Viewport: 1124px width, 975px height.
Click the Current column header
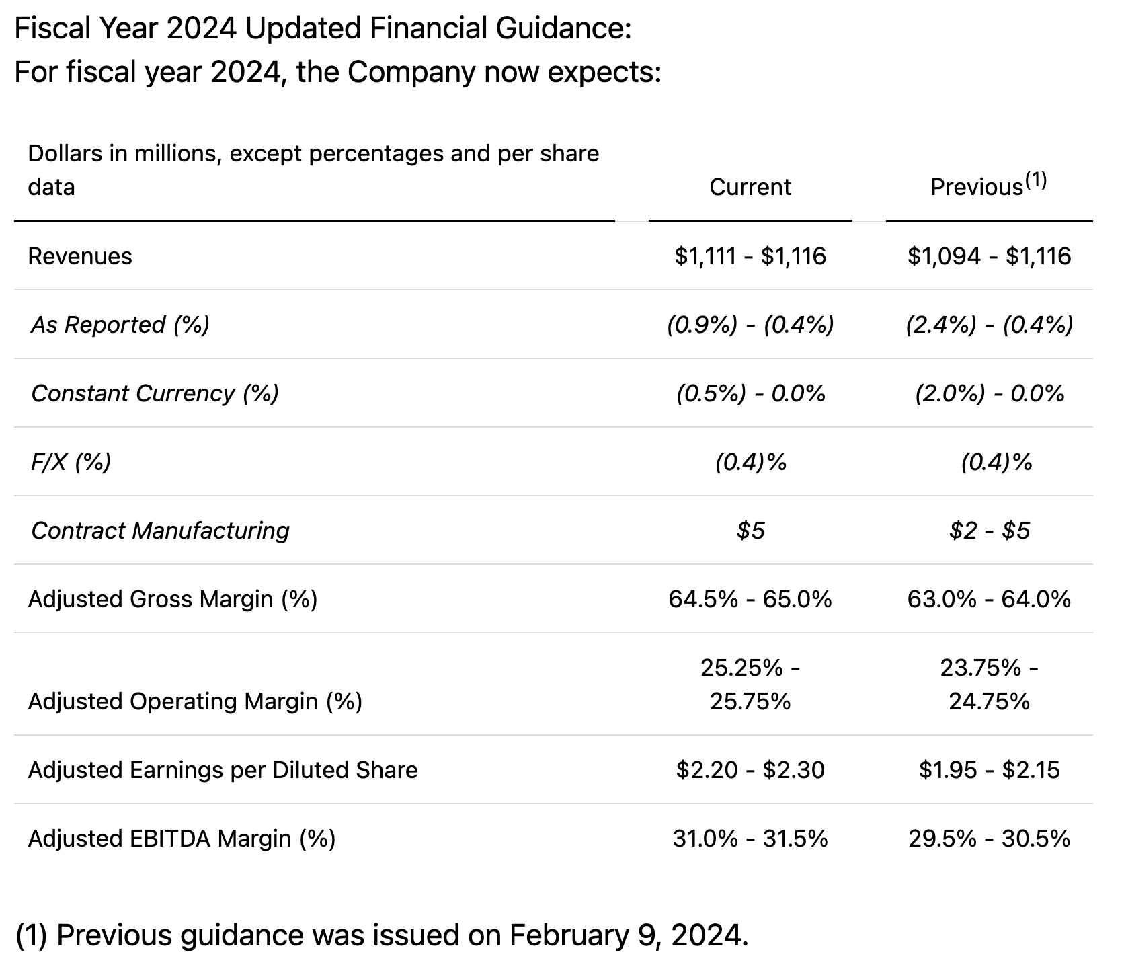tap(750, 187)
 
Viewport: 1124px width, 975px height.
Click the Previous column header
tap(976, 188)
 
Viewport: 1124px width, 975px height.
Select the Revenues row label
tap(80, 256)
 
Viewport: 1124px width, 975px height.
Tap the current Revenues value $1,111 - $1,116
tap(750, 256)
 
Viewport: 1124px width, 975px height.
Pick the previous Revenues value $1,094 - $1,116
tap(989, 256)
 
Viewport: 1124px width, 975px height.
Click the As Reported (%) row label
tap(120, 325)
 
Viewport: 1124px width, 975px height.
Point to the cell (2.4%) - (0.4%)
tap(989, 325)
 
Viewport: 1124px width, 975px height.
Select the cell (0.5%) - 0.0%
tap(750, 393)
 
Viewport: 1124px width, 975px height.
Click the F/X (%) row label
tap(71, 462)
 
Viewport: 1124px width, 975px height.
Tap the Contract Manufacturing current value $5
tap(750, 531)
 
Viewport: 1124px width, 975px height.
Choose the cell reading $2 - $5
tap(989, 531)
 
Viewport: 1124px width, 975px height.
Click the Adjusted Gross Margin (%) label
tap(172, 599)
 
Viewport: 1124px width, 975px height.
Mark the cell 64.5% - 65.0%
tap(750, 599)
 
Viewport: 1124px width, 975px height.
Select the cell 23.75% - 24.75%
tap(989, 685)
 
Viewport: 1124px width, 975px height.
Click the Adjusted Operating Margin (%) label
tap(195, 701)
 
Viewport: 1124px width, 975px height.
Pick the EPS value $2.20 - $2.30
tap(750, 770)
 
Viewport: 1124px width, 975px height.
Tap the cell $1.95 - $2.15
tap(989, 770)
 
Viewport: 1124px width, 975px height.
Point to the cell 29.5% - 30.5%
tap(989, 838)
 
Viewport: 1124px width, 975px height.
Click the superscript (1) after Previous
tap(1036, 180)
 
